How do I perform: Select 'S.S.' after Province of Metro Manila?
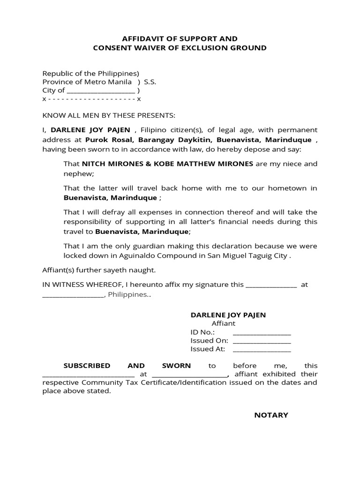tap(150, 82)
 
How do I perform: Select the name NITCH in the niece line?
tap(94, 164)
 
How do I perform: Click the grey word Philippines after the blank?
tap(127, 295)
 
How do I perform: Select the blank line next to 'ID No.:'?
tap(262, 333)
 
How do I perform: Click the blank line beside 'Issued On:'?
tap(262, 342)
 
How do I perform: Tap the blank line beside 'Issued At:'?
tap(262, 350)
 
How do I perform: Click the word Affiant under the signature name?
tap(224, 323)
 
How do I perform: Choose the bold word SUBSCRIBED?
tap(87, 366)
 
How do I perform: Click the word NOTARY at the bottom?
tap(271, 415)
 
